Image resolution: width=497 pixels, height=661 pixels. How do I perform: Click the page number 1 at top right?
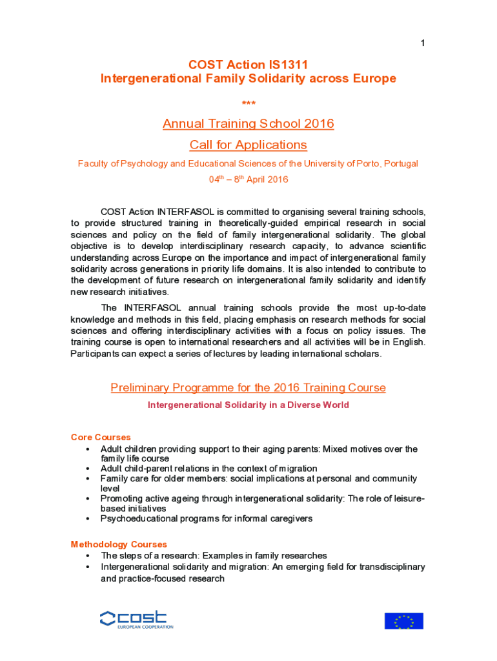pyautogui.click(x=423, y=43)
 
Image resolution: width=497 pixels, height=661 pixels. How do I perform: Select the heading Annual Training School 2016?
pyautogui.click(x=248, y=123)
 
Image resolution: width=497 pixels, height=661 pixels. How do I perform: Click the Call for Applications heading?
pyautogui.click(x=248, y=145)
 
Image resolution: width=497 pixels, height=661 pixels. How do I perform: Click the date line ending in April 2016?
pyautogui.click(x=248, y=179)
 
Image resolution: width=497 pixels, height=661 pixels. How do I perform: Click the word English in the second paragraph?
pyautogui.click(x=407, y=342)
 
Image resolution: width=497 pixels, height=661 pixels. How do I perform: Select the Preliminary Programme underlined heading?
pyautogui.click(x=248, y=388)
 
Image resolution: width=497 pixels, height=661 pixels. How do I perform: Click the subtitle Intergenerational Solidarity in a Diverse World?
pyautogui.click(x=248, y=405)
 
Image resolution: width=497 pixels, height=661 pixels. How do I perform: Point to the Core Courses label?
pyautogui.click(x=101, y=437)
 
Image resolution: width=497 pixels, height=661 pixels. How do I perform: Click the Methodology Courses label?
pyautogui.click(x=119, y=544)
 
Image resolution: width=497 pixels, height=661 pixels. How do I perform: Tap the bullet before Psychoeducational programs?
pyautogui.click(x=87, y=519)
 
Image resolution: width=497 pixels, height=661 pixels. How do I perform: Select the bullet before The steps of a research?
pyautogui.click(x=87, y=556)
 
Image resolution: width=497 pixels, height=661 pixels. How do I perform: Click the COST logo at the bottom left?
pyautogui.click(x=136, y=620)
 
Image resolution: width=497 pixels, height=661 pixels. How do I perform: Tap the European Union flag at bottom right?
pyautogui.click(x=404, y=621)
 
